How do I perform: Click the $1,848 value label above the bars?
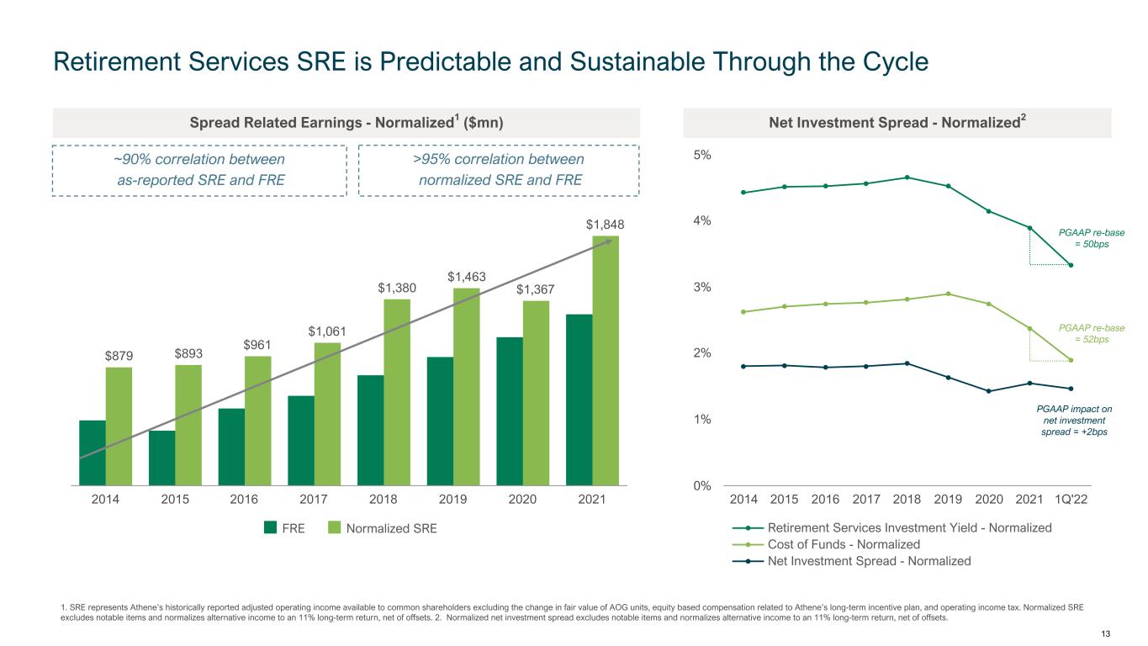click(x=605, y=225)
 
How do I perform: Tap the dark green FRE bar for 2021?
click(x=579, y=400)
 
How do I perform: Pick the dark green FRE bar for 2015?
click(x=161, y=458)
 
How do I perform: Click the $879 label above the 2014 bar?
click(x=119, y=356)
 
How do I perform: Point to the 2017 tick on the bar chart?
click(x=314, y=500)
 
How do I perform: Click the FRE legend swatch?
click(x=271, y=527)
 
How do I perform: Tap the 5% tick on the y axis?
click(x=702, y=155)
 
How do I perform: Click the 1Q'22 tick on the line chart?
click(x=1071, y=500)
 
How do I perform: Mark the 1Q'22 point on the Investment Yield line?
click(x=1071, y=265)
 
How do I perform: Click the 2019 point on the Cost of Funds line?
click(x=948, y=294)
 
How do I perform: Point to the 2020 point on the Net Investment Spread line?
click(x=989, y=391)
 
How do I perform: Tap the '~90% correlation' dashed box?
click(x=199, y=170)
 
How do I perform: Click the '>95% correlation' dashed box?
click(x=499, y=170)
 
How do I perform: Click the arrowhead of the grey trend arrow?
click(x=608, y=241)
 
